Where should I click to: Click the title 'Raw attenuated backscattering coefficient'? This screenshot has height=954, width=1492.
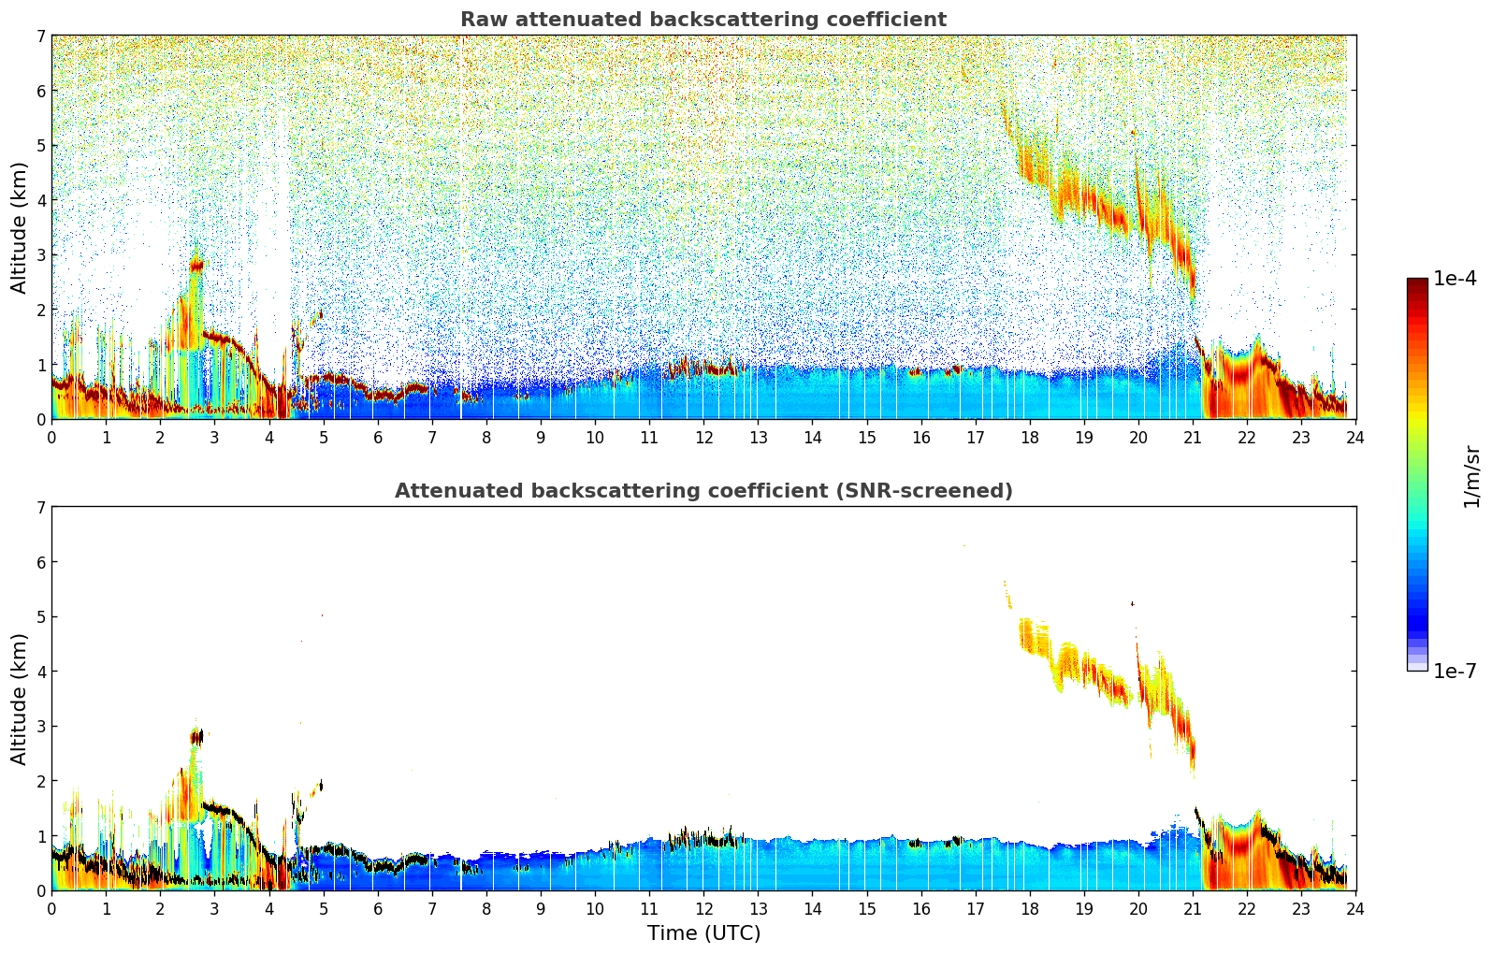point(703,20)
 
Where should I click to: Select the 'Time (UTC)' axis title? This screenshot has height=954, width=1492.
point(703,933)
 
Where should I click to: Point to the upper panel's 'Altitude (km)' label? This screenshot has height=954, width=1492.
point(20,227)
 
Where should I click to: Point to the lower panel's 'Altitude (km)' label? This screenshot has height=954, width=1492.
point(20,699)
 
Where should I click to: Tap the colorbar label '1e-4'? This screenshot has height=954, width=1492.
point(1455,279)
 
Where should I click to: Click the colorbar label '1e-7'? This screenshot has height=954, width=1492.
point(1455,671)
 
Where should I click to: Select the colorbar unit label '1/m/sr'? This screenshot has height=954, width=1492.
point(1471,476)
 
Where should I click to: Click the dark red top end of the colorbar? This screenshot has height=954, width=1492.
point(1417,282)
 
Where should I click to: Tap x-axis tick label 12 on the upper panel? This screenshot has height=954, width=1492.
point(703,437)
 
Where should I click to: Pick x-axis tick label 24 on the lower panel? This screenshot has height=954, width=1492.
point(1355,908)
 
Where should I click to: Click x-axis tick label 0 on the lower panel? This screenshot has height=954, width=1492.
point(51,908)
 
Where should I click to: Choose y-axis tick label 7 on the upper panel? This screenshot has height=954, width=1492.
point(40,36)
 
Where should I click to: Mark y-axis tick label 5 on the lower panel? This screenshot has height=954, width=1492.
point(40,616)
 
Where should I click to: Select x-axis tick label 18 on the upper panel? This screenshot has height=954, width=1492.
point(1030,437)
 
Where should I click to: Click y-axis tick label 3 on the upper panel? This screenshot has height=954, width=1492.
point(40,254)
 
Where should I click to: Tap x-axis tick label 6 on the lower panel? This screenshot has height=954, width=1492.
point(378,908)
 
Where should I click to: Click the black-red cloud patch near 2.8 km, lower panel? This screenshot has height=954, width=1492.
point(196,737)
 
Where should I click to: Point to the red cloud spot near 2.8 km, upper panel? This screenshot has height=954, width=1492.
point(196,265)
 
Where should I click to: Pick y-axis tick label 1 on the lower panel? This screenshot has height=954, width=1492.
point(40,835)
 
